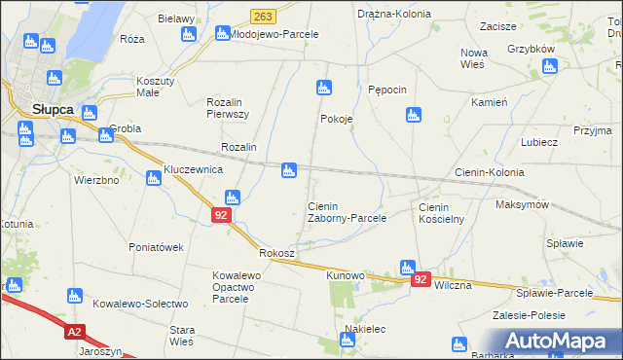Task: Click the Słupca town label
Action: (53, 110)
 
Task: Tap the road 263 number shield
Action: (262, 18)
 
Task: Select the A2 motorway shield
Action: (75, 332)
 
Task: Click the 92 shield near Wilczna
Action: (421, 279)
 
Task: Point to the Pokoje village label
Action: (336, 119)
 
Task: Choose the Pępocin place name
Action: (387, 89)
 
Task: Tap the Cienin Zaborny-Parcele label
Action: (347, 212)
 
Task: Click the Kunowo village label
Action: (345, 276)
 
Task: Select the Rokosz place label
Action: (277, 253)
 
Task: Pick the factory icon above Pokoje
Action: (324, 88)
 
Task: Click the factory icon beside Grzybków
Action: (550, 66)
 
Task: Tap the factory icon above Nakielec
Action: (348, 340)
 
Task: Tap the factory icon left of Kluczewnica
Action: (153, 178)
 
